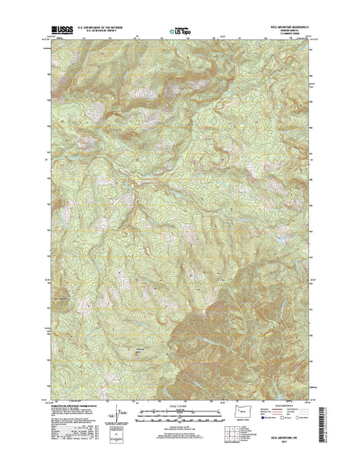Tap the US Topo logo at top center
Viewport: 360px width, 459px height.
click(180, 32)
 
